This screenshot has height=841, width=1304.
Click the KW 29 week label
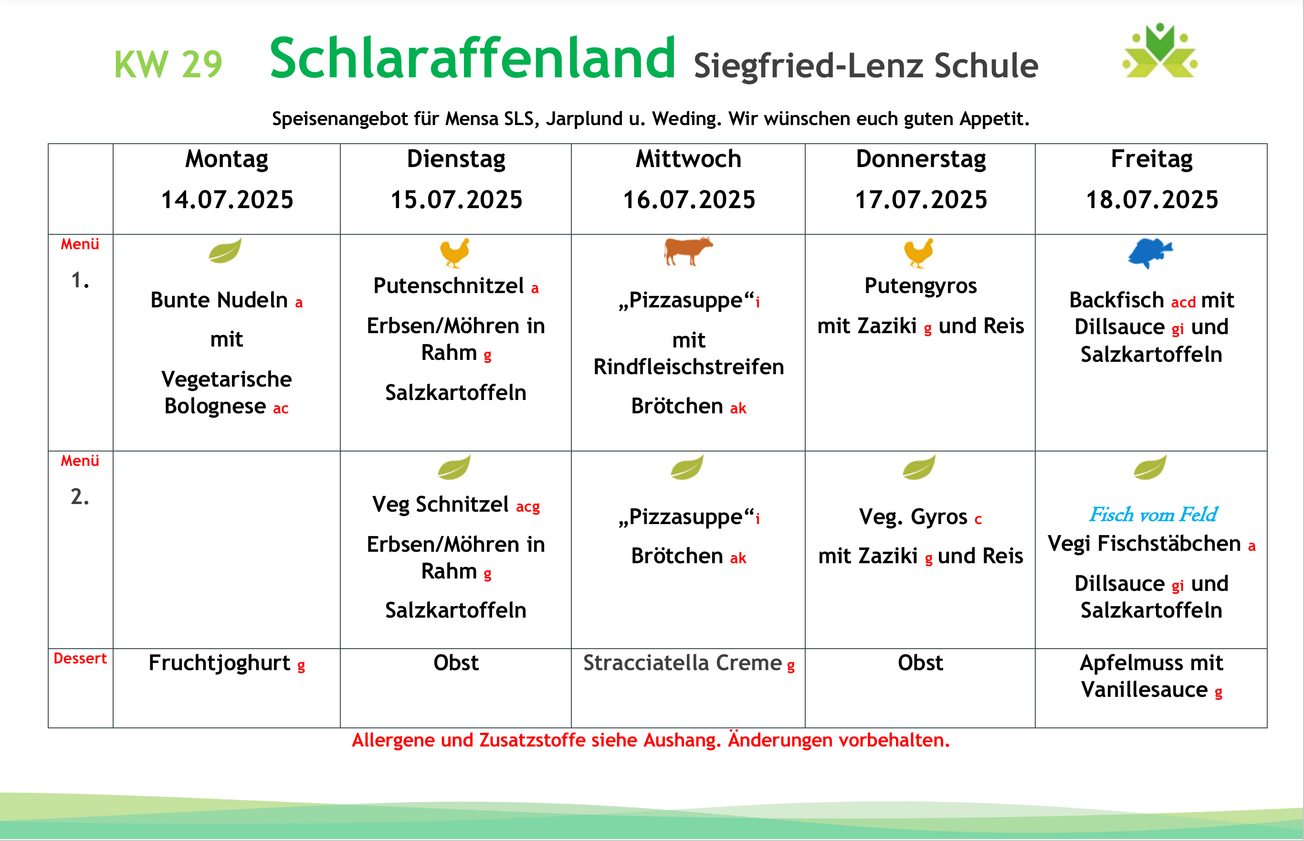coord(168,64)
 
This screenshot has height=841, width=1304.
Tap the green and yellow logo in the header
coord(1160,50)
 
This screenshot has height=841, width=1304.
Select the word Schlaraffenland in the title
coord(473,58)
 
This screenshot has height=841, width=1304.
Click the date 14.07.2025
coord(227,200)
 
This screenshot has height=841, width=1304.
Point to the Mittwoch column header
coord(689,159)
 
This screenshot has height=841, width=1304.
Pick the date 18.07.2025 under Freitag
coord(1152,200)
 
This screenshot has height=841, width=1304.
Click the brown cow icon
coord(688,251)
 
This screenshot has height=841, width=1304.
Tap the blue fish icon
coord(1150,253)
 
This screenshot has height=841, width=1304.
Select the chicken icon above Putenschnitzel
coord(455,253)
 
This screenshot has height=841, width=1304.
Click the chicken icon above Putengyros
coord(918,253)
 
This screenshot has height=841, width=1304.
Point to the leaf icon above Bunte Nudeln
coord(225,251)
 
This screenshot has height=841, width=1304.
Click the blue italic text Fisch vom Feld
coord(1153,515)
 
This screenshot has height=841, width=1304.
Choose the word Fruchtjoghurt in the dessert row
coord(220,663)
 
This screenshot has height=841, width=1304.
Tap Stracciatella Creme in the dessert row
coord(683,663)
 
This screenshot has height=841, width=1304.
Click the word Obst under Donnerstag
coord(920,663)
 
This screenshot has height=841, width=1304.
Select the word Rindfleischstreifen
coord(689,367)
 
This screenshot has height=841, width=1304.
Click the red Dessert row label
coord(80,659)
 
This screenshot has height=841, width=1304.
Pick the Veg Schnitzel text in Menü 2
coord(441,505)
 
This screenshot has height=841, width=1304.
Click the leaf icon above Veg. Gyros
coord(919,467)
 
